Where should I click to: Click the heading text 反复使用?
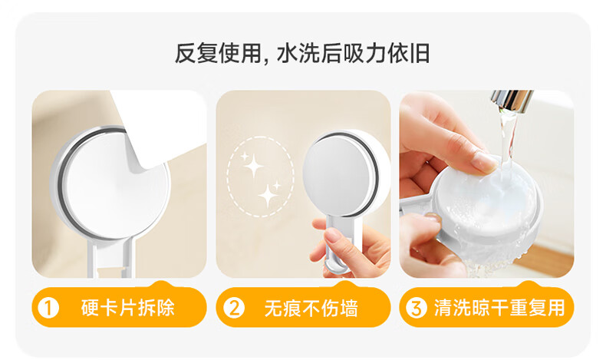click(218, 54)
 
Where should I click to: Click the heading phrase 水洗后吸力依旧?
click(353, 54)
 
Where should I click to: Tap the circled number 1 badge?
click(48, 308)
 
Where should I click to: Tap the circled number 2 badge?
click(234, 308)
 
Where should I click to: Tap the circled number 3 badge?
click(417, 308)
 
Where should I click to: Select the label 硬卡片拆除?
click(127, 308)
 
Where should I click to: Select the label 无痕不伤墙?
click(311, 308)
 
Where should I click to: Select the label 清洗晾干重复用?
click(499, 308)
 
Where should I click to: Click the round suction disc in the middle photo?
click(340, 175)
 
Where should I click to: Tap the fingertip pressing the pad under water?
click(485, 163)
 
